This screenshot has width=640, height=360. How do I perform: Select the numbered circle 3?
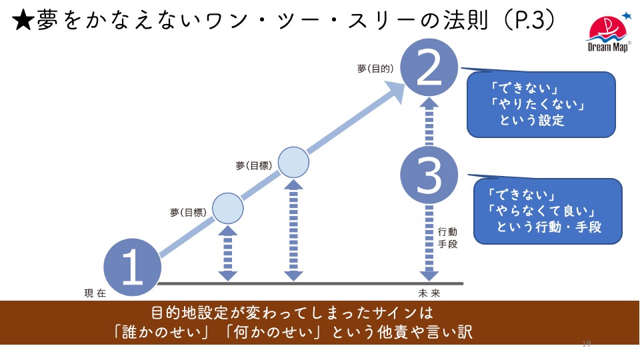[x=429, y=175]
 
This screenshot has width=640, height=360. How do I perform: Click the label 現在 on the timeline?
[x=95, y=293]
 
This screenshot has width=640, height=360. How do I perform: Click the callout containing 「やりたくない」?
[x=540, y=104]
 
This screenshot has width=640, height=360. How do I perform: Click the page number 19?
[x=587, y=344]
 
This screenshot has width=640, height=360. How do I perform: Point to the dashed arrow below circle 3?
[x=430, y=240]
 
